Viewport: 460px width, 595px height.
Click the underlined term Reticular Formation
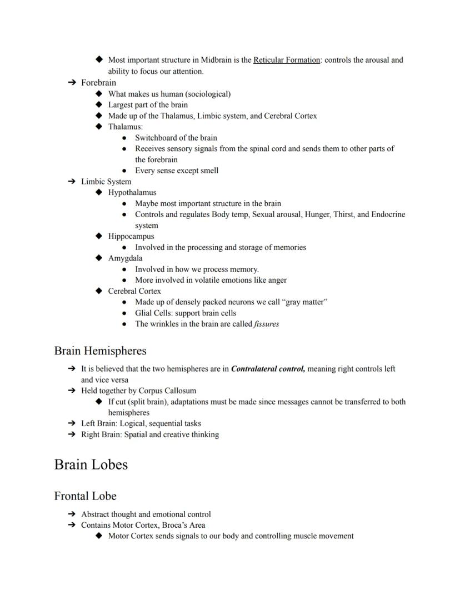[286, 60]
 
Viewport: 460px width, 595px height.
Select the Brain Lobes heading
[91, 464]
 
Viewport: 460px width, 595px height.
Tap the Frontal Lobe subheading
[85, 496]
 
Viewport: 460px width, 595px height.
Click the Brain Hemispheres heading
[100, 351]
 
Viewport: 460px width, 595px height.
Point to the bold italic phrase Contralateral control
[268, 369]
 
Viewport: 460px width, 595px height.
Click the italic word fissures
[266, 324]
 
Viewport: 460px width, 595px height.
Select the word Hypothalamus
[132, 193]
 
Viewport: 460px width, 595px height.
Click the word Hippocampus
[131, 236]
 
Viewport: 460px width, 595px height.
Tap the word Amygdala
[125, 258]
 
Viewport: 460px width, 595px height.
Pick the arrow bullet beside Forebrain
[71, 83]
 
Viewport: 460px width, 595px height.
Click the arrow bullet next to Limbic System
[71, 182]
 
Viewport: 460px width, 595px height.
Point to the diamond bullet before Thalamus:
[99, 127]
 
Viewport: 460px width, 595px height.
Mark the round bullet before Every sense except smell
[124, 171]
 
